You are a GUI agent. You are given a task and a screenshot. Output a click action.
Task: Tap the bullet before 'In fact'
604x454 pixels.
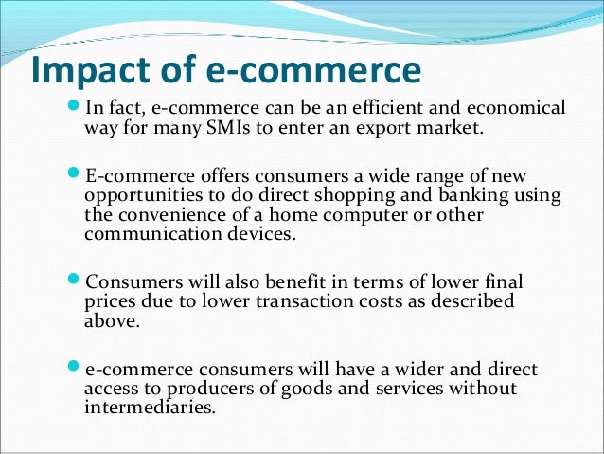[x=76, y=108]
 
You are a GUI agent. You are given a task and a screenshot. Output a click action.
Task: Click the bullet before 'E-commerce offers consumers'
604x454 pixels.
[x=76, y=177]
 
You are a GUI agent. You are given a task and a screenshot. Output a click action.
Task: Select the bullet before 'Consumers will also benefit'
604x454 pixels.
[x=76, y=283]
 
